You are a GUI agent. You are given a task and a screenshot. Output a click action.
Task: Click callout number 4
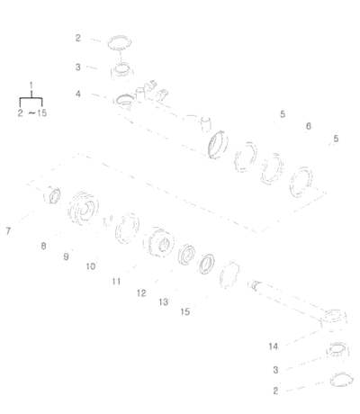pyautogui.click(x=78, y=94)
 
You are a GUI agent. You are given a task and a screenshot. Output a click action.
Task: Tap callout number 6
pyautogui.click(x=309, y=126)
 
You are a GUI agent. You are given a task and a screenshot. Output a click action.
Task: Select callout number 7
pyautogui.click(x=8, y=231)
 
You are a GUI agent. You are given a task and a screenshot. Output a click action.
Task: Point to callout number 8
pyautogui.click(x=43, y=246)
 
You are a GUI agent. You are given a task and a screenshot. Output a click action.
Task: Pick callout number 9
pyautogui.click(x=66, y=256)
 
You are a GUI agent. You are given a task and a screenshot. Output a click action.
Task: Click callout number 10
pyautogui.click(x=91, y=266)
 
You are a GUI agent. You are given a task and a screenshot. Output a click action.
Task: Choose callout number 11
pyautogui.click(x=116, y=282)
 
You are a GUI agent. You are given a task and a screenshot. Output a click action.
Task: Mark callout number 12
pyautogui.click(x=141, y=292)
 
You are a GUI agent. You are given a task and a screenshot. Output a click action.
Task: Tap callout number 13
pyautogui.click(x=163, y=302)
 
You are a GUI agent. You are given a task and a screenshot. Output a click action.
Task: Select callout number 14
pyautogui.click(x=274, y=346)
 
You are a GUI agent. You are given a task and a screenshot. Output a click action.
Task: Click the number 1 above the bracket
pyautogui.click(x=31, y=85)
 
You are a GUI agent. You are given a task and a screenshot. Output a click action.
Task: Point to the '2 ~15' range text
pyautogui.click(x=32, y=113)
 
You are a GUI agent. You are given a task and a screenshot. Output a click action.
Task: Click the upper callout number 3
pyautogui.click(x=78, y=67)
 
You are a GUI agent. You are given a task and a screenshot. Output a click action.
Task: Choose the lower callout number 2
pyautogui.click(x=275, y=391)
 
